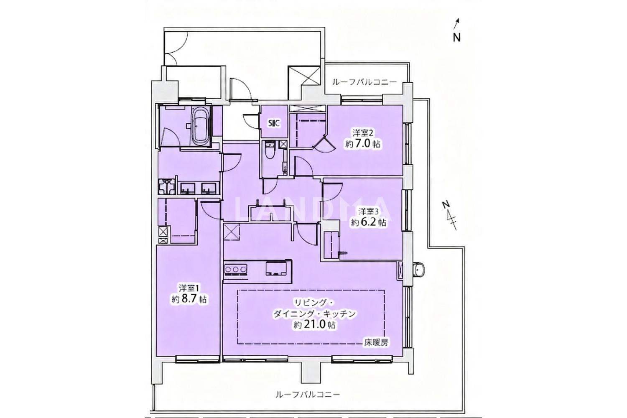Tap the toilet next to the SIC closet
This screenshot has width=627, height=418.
[x=270, y=151]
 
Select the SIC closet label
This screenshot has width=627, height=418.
[x=274, y=123]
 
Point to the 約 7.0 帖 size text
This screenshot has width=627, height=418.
[x=363, y=144]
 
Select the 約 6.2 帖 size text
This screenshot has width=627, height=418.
[x=369, y=222]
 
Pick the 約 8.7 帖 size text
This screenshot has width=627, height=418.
[x=189, y=299]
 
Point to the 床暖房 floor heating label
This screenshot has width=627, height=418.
[x=376, y=342]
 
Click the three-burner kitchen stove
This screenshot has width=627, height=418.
[x=236, y=269]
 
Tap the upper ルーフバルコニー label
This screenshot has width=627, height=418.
[x=364, y=82]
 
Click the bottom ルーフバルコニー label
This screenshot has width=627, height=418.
[x=308, y=395]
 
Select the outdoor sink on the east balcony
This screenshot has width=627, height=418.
[x=419, y=270]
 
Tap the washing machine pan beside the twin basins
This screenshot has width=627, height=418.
[x=167, y=186]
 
